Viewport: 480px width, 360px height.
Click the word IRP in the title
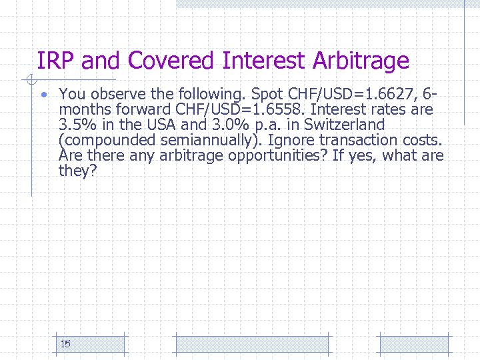point(56,61)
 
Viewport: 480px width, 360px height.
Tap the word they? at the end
point(78,171)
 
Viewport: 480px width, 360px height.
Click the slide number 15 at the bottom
point(65,344)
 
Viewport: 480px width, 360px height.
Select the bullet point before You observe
point(42,94)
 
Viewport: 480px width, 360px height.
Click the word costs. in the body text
point(425,140)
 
